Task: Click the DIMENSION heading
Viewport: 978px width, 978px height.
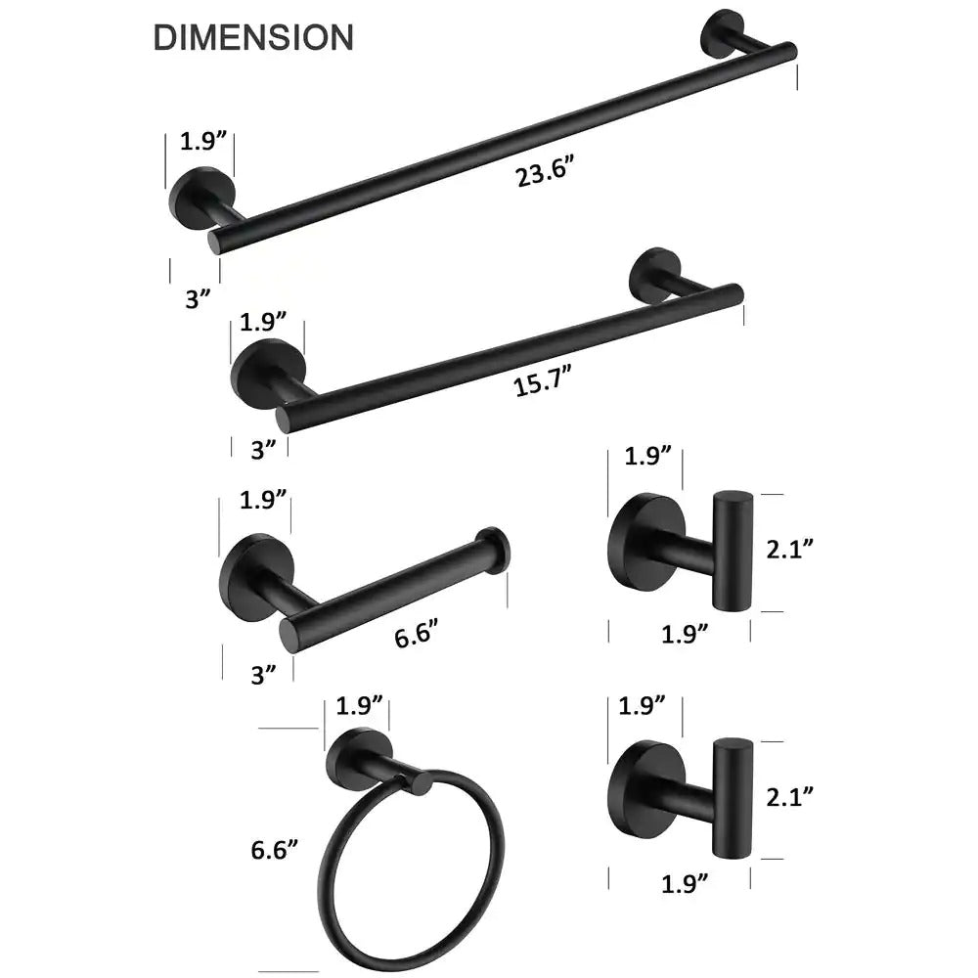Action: click(253, 37)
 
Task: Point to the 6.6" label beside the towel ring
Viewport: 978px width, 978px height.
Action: click(275, 849)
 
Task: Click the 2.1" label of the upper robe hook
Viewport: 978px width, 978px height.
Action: click(789, 549)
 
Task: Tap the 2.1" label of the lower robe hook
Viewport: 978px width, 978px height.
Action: click(789, 796)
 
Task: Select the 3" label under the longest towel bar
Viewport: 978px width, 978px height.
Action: click(199, 298)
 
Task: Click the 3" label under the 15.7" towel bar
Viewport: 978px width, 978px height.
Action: click(263, 449)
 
